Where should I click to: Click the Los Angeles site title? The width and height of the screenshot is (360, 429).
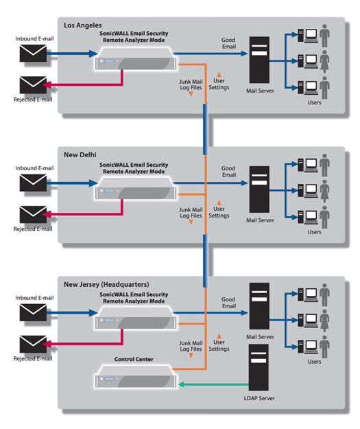(x=82, y=25)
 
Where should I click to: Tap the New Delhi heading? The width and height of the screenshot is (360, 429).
(x=80, y=154)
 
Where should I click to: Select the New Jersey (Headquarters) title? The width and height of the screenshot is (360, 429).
(x=106, y=285)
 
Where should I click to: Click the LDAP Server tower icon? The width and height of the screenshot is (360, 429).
(x=259, y=367)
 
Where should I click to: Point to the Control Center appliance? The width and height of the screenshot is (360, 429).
(x=136, y=376)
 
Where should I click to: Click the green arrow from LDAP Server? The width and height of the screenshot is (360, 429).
(x=213, y=384)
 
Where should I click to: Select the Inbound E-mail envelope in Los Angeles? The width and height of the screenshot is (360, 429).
(x=33, y=53)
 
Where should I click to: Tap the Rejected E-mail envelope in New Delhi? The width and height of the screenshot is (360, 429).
(x=33, y=214)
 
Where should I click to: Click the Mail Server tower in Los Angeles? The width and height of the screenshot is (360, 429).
(x=259, y=60)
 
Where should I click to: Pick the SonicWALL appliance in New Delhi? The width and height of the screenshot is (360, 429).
(x=136, y=189)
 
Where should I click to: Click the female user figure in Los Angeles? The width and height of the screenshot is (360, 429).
(x=324, y=61)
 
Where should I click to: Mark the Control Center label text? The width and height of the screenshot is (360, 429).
(x=134, y=359)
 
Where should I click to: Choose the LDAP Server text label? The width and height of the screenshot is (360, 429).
(x=259, y=398)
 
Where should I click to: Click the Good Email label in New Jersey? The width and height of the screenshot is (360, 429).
(x=228, y=303)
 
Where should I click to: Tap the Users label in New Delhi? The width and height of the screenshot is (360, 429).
(x=314, y=232)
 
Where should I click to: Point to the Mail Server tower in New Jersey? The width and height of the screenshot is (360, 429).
(x=259, y=306)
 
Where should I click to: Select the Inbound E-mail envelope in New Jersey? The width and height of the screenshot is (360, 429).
(x=33, y=312)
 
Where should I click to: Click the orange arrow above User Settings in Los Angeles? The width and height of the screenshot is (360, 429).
(x=219, y=74)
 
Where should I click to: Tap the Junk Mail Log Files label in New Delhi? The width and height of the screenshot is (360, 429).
(x=191, y=213)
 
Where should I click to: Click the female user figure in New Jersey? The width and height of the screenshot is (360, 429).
(x=324, y=321)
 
